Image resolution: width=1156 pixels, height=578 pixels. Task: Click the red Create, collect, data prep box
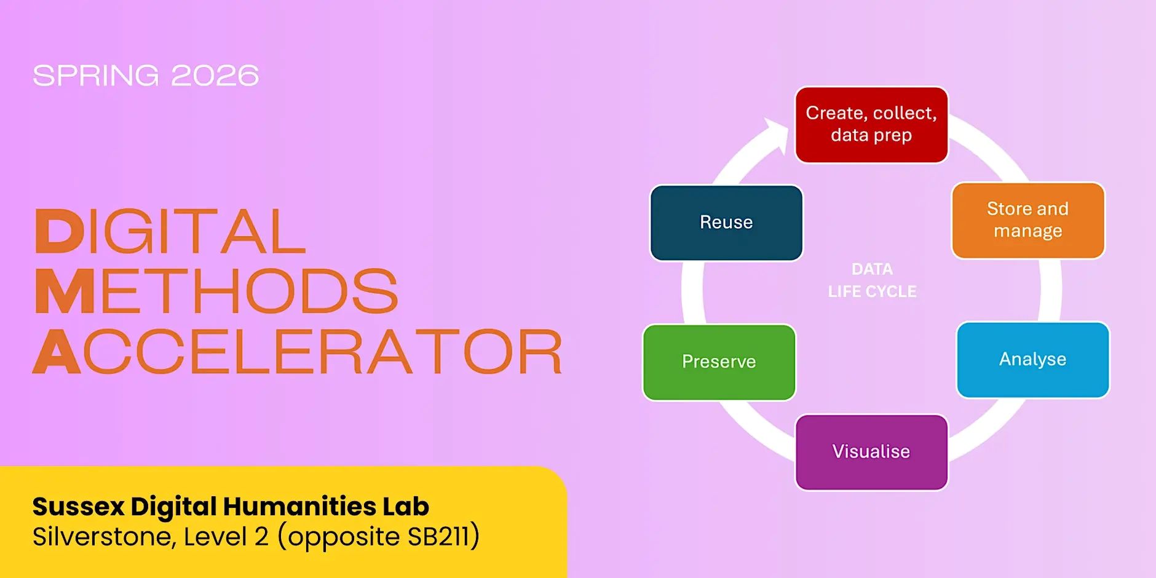click(x=871, y=125)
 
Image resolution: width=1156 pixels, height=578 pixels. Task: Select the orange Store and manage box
click(x=1028, y=220)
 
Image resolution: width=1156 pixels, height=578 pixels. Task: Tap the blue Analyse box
click(x=1033, y=360)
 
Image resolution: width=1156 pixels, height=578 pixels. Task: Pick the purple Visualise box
click(x=871, y=452)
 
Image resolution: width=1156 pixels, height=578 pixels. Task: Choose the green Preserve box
click(x=719, y=362)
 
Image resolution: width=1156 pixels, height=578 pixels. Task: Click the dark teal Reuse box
click(x=726, y=223)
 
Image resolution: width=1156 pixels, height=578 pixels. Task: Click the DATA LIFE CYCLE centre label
click(x=872, y=280)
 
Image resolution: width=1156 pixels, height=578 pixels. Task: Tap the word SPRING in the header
click(x=96, y=76)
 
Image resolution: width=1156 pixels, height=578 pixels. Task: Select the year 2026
click(x=215, y=76)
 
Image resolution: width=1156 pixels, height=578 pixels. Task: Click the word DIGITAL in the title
click(x=170, y=231)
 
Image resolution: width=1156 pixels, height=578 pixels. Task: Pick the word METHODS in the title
click(x=216, y=291)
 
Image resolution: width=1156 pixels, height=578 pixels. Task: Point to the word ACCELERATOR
click(x=298, y=351)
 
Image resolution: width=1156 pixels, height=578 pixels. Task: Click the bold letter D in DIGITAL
click(x=59, y=231)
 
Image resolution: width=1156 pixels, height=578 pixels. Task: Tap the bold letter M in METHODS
click(x=65, y=291)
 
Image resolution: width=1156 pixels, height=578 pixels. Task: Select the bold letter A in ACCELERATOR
click(x=57, y=351)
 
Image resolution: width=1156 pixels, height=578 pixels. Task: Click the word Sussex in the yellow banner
click(x=79, y=507)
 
